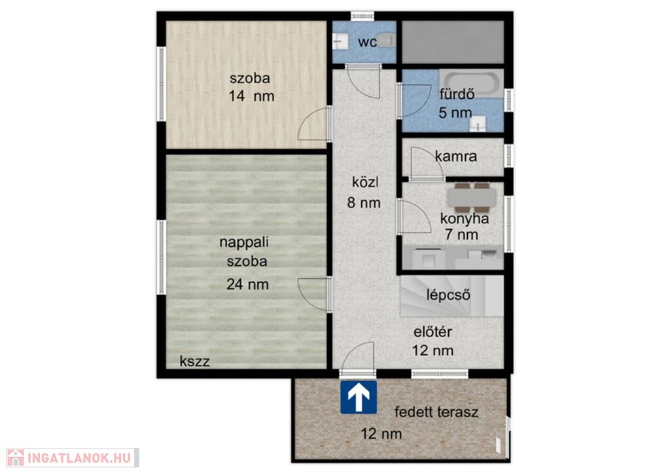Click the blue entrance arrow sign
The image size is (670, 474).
[359, 397]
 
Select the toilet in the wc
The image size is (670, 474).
[387, 41]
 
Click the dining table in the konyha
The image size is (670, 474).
[472, 198]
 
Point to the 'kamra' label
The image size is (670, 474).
[456, 156]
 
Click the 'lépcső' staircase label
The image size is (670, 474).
[449, 295]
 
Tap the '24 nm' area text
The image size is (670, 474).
[247, 284]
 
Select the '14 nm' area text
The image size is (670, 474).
[251, 96]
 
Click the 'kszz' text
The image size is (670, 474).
[195, 361]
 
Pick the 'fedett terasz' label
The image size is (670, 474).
[436, 412]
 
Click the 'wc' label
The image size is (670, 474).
[367, 43]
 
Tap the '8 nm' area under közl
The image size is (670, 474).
[364, 202]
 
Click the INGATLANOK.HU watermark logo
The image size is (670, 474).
[73, 458]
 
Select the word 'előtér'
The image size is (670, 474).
[433, 332]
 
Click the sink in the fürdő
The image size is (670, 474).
[477, 123]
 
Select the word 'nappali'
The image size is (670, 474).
[244, 242]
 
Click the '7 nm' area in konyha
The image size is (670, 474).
[461, 234]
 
